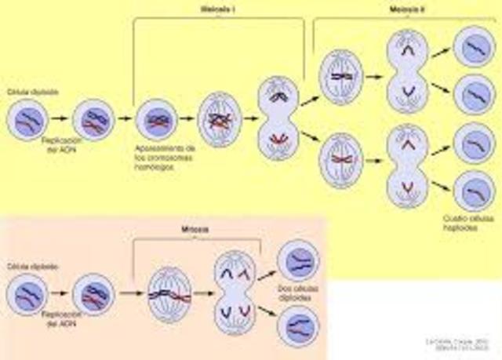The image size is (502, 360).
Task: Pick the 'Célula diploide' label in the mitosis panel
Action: click(x=23, y=267)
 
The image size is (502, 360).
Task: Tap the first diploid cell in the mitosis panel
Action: click(x=25, y=296)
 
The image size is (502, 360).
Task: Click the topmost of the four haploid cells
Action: click(x=475, y=46)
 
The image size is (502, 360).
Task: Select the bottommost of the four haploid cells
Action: click(x=475, y=191)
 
